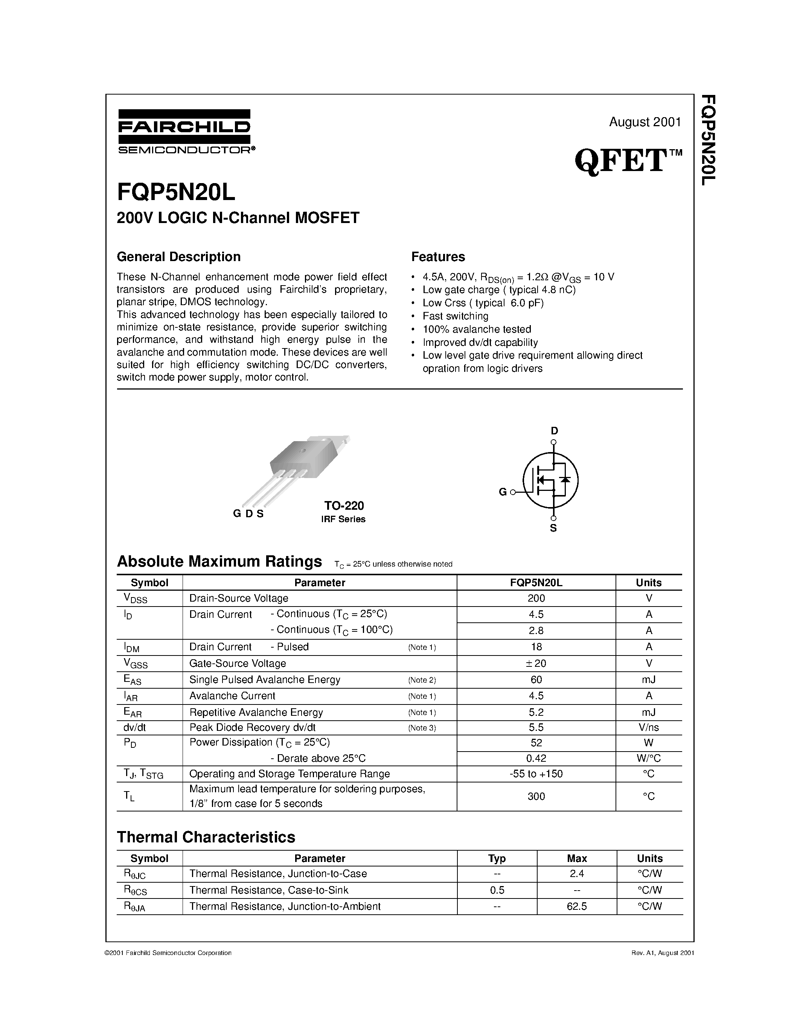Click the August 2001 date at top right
(x=645, y=122)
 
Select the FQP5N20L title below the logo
(x=176, y=192)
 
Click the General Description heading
(x=179, y=257)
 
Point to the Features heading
(x=438, y=257)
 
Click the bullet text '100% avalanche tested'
(x=476, y=329)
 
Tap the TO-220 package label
(x=344, y=505)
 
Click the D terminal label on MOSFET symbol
(x=554, y=431)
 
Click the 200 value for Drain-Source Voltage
(x=536, y=598)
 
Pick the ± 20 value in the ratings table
(x=536, y=663)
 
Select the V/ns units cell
(x=648, y=727)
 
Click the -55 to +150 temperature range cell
(x=536, y=774)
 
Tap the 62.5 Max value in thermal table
(x=576, y=906)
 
